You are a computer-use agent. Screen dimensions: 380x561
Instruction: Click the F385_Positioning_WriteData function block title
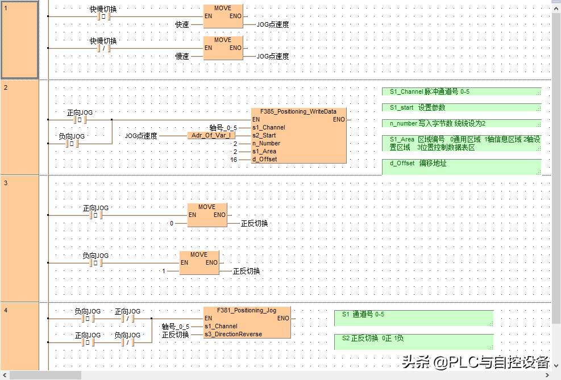click(298, 111)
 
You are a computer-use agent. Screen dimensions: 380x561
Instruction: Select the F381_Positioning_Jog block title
click(247, 310)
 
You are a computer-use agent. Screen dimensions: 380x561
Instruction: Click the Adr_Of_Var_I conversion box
click(210, 136)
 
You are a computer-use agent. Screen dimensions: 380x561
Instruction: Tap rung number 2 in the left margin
click(6, 87)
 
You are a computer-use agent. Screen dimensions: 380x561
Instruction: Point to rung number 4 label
click(6, 310)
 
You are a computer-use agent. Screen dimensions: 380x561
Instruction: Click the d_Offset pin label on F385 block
click(264, 160)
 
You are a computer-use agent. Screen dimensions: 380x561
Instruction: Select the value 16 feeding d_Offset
click(233, 160)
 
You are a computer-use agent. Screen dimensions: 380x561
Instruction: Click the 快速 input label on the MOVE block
click(182, 24)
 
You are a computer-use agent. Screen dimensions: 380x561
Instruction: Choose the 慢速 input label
click(182, 56)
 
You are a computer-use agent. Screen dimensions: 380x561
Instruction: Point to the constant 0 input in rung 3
click(172, 223)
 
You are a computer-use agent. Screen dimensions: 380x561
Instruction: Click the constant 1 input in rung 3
click(164, 271)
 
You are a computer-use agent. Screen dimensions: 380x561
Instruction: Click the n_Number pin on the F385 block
click(266, 144)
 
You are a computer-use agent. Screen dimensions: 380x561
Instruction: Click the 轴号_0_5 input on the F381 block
click(176, 327)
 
